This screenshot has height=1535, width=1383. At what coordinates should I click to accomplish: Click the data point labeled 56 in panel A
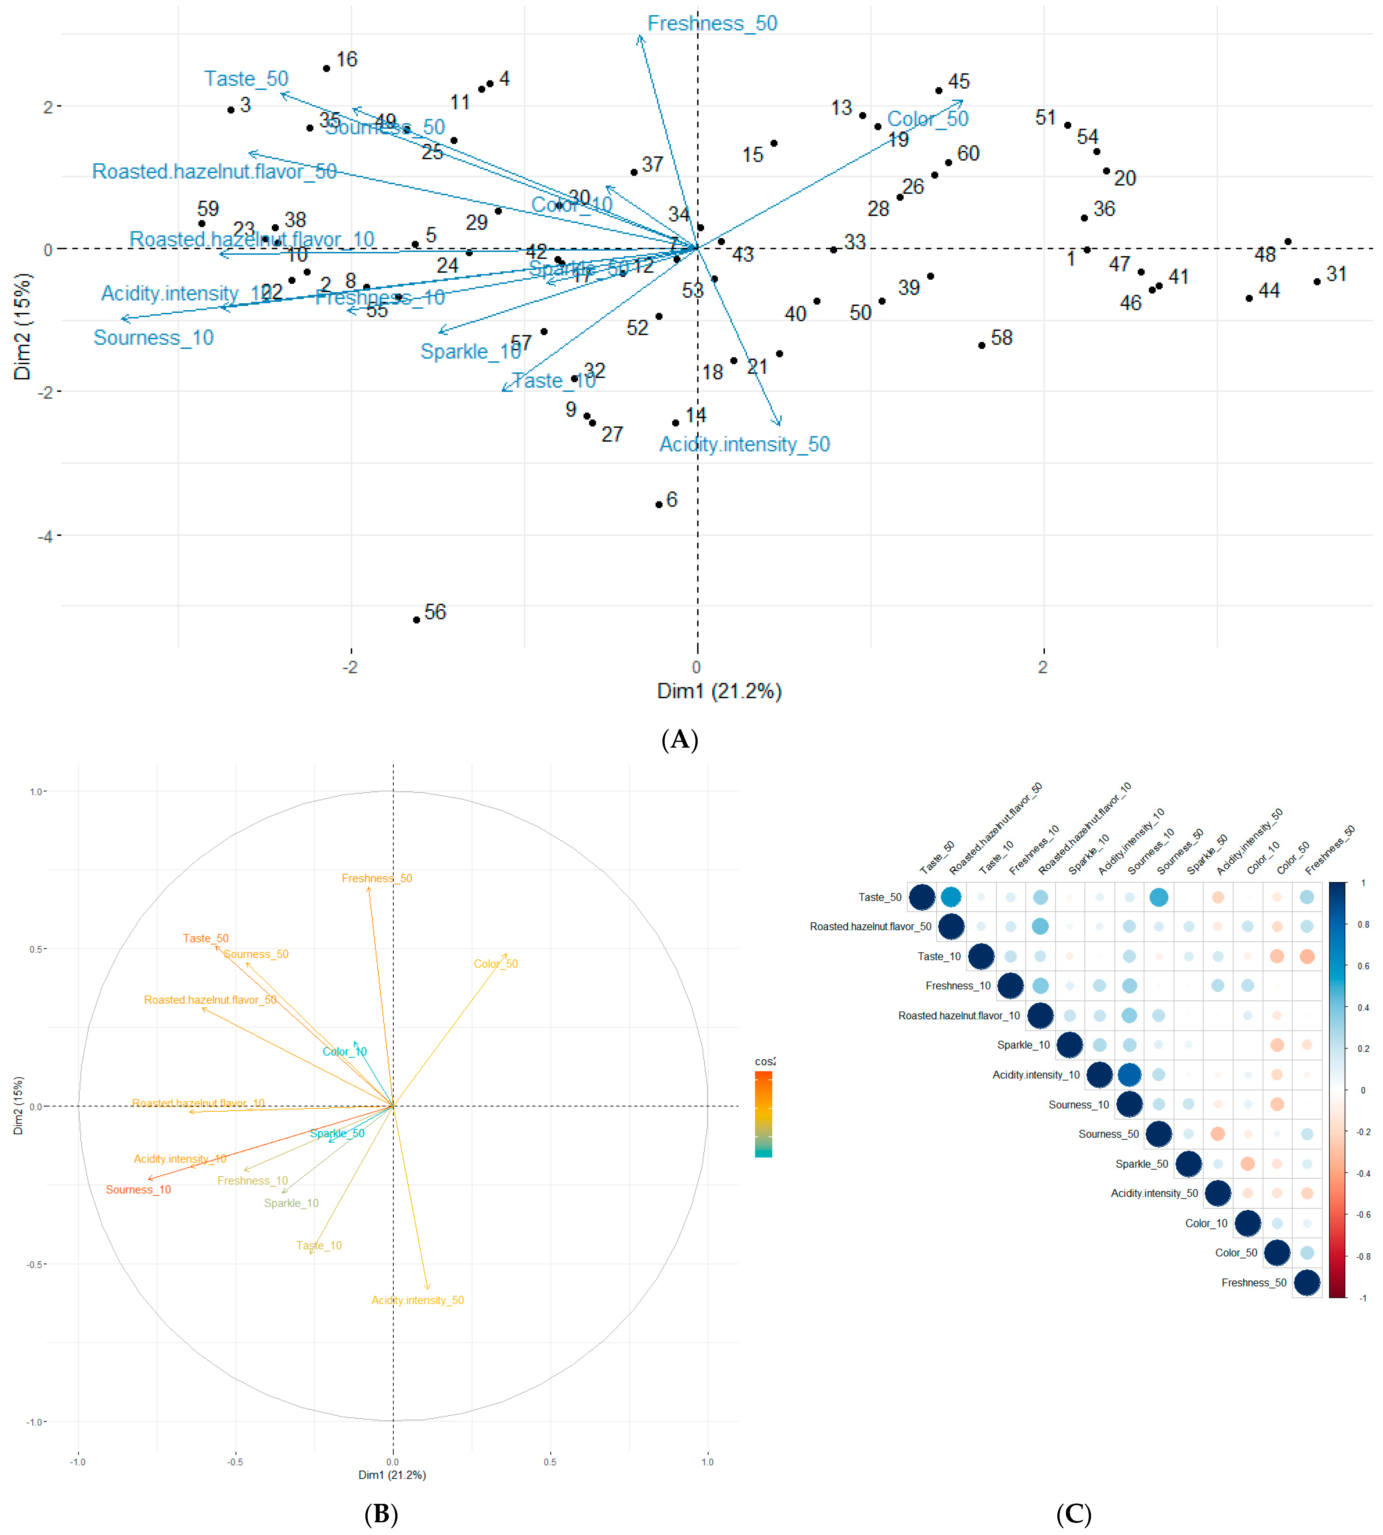click(417, 620)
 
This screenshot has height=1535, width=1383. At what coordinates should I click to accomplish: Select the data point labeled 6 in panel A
click(659, 505)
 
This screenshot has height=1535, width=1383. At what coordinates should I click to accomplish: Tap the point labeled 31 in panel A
click(1317, 282)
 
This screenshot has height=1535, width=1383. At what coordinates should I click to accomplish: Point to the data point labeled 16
click(327, 68)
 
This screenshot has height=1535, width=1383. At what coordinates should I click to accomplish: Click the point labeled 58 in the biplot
click(982, 346)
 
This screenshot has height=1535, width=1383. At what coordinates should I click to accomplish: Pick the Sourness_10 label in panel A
click(153, 338)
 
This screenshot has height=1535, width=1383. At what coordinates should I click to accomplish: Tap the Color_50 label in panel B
click(495, 964)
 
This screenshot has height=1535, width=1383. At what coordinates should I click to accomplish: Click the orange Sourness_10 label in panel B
click(138, 1189)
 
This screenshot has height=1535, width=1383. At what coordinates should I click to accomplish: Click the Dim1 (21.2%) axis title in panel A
click(719, 691)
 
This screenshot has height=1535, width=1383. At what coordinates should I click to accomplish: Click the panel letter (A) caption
click(679, 739)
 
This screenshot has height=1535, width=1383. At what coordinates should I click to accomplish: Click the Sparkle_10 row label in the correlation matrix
click(1023, 1045)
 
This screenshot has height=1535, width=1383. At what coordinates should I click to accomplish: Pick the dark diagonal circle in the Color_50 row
click(1277, 1252)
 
